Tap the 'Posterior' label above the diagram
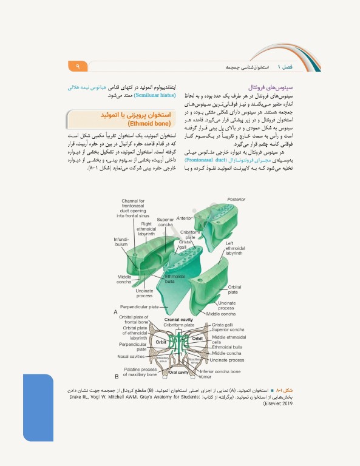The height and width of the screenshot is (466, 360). (236, 200)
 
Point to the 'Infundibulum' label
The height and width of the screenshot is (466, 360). (121, 241)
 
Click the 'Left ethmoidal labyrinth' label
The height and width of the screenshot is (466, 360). (234, 248)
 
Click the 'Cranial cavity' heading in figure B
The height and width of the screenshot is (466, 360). (178, 319)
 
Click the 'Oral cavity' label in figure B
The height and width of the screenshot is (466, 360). (179, 372)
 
